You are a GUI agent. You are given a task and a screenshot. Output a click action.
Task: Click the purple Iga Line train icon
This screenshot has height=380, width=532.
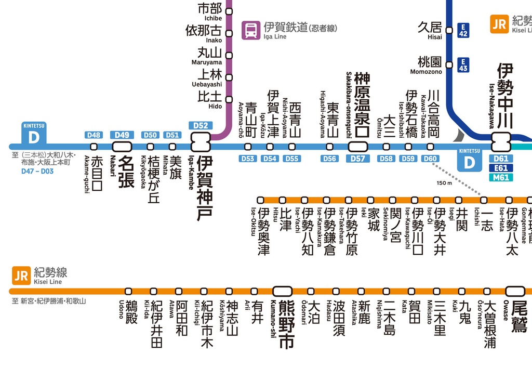point(251,30)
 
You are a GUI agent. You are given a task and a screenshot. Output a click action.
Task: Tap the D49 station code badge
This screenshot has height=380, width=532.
point(122,135)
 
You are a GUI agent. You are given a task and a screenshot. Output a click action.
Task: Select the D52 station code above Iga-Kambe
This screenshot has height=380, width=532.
point(201,125)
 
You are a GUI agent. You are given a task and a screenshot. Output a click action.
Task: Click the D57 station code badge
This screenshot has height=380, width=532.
point(358,159)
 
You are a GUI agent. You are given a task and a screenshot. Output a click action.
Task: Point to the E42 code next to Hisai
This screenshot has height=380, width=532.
point(463,30)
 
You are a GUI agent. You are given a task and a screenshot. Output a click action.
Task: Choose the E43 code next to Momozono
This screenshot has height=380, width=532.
point(463,65)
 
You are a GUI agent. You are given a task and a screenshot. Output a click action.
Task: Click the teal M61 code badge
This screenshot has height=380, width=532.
point(501,178)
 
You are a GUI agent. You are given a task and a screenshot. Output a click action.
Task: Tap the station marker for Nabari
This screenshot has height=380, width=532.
point(122,147)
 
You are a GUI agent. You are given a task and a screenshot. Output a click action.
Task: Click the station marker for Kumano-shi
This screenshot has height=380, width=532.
point(283,291)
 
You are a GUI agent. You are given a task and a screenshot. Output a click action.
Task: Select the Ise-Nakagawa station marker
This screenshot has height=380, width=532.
point(502,139)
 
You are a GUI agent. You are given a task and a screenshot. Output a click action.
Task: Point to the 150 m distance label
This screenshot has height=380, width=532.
point(444,183)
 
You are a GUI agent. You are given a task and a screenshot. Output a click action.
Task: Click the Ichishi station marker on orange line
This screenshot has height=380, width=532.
point(484,200)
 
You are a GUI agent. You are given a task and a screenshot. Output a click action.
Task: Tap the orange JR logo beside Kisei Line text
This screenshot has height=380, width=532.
point(21,276)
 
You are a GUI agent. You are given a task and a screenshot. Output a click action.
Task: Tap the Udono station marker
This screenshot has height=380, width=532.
point(128,291)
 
